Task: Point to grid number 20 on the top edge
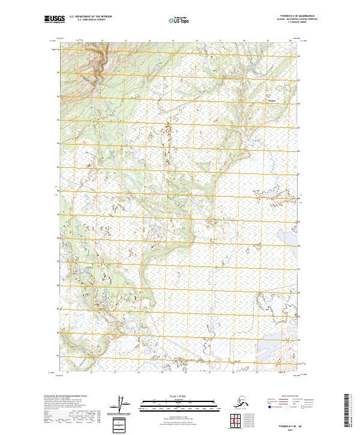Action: coord(290,41)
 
